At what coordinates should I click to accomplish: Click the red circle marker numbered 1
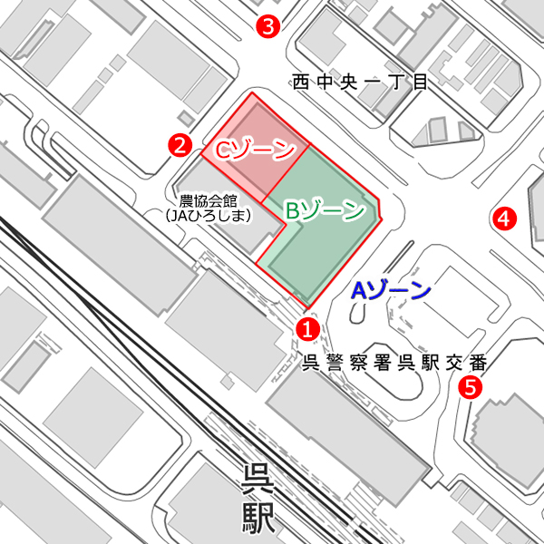[x=308, y=328]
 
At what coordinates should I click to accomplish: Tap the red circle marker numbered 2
[x=180, y=143]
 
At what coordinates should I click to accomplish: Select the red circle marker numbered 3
[x=267, y=26]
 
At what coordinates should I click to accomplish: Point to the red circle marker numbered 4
[x=503, y=218]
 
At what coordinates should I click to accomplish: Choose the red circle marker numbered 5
[x=470, y=387]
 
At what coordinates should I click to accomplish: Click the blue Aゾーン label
[x=391, y=291]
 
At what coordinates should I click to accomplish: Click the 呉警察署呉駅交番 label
[x=393, y=364]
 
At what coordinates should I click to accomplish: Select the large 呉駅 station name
[x=257, y=498]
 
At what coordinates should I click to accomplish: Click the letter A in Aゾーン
[x=359, y=291]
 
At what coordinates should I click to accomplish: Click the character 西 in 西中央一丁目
[x=301, y=83]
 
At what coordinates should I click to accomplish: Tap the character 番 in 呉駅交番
[x=480, y=364]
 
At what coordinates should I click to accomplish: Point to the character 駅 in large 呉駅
[x=257, y=518]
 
